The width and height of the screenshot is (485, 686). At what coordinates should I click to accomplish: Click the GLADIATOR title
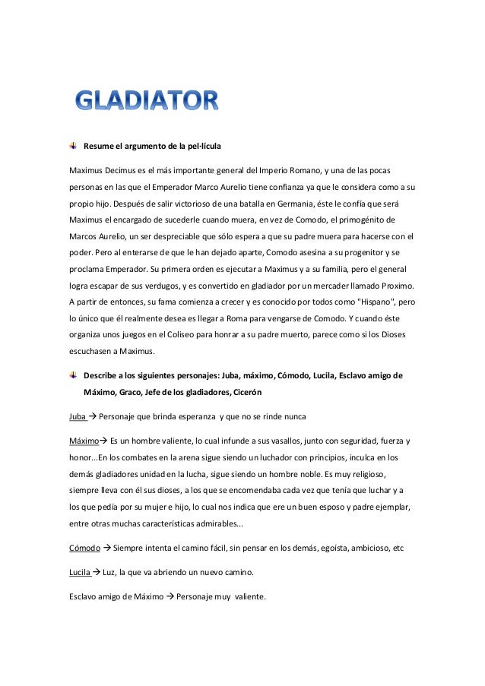click(x=147, y=101)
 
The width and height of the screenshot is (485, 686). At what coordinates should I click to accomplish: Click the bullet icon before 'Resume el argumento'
click(x=72, y=144)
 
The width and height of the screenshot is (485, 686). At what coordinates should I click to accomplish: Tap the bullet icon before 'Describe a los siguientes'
click(x=72, y=375)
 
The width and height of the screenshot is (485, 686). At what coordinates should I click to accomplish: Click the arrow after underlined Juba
click(x=92, y=417)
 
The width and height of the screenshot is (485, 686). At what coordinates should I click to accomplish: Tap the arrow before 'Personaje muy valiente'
click(x=170, y=596)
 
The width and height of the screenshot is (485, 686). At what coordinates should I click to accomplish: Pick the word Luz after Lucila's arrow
click(x=111, y=572)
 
